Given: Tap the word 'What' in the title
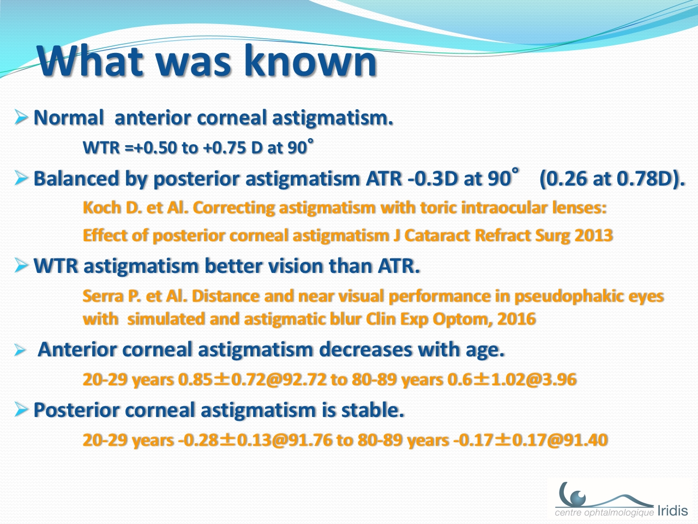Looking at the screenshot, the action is pyautogui.click(x=89, y=61).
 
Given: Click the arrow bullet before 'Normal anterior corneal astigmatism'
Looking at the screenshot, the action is pyautogui.click(x=21, y=117).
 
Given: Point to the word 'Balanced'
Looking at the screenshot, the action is pyautogui.click(x=76, y=178).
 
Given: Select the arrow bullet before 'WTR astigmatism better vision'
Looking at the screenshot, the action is pyautogui.click(x=21, y=265).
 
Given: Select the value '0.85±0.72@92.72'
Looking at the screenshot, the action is pyautogui.click(x=252, y=379).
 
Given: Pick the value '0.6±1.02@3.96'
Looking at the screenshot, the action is pyautogui.click(x=512, y=379).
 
